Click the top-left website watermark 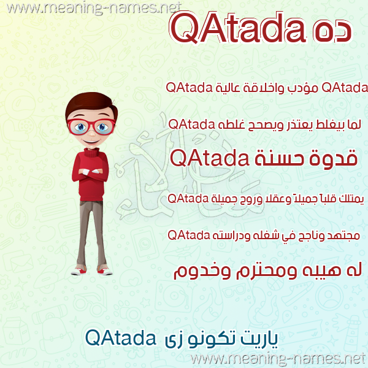click(x=94, y=8)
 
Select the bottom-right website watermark click(x=278, y=359)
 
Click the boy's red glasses click(x=91, y=126)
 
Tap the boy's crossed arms click(x=91, y=172)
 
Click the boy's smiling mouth click(x=91, y=142)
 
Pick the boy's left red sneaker click(x=105, y=271)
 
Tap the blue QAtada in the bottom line click(x=121, y=338)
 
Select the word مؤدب click(x=303, y=88)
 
